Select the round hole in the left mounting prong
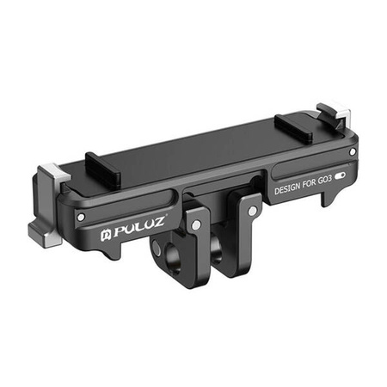(163, 254)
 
